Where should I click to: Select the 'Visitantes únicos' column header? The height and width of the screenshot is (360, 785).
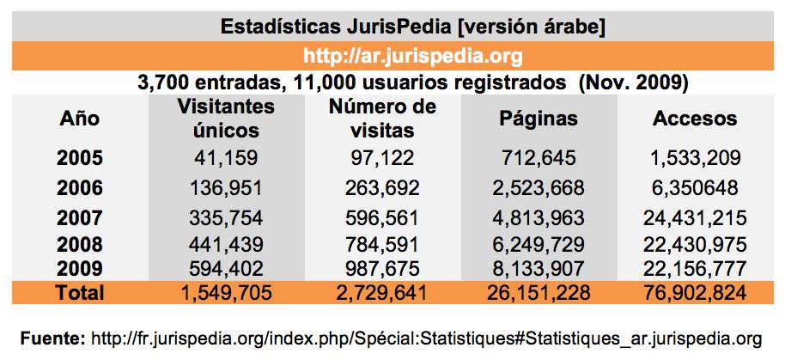[x=227, y=119]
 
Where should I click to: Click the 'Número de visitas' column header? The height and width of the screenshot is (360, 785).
[x=382, y=119]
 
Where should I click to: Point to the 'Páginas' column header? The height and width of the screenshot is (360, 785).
[x=539, y=119]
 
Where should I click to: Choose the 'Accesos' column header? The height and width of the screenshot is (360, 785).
[x=696, y=119]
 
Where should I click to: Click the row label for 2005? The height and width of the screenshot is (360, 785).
[x=80, y=158]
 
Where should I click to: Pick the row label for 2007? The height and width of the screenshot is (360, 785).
[x=80, y=217]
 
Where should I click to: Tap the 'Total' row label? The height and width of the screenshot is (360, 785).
[x=80, y=293]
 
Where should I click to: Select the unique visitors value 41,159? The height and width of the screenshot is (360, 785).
[x=227, y=158]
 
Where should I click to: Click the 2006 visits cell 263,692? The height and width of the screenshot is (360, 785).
[x=382, y=187]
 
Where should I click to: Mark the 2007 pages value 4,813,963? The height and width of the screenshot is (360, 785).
[x=539, y=217]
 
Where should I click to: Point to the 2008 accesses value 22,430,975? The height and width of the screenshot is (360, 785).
[x=696, y=244]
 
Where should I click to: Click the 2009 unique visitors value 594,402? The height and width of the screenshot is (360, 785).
[x=227, y=268]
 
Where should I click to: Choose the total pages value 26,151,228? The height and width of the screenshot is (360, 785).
[x=539, y=293]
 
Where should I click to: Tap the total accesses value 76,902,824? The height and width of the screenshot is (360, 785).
[x=696, y=293]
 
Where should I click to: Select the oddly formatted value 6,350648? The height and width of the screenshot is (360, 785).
[x=696, y=187]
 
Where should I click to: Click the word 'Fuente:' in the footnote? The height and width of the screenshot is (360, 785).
[x=52, y=335]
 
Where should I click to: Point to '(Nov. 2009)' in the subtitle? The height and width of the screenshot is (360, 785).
[x=636, y=84]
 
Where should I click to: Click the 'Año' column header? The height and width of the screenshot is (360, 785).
[x=80, y=119]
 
